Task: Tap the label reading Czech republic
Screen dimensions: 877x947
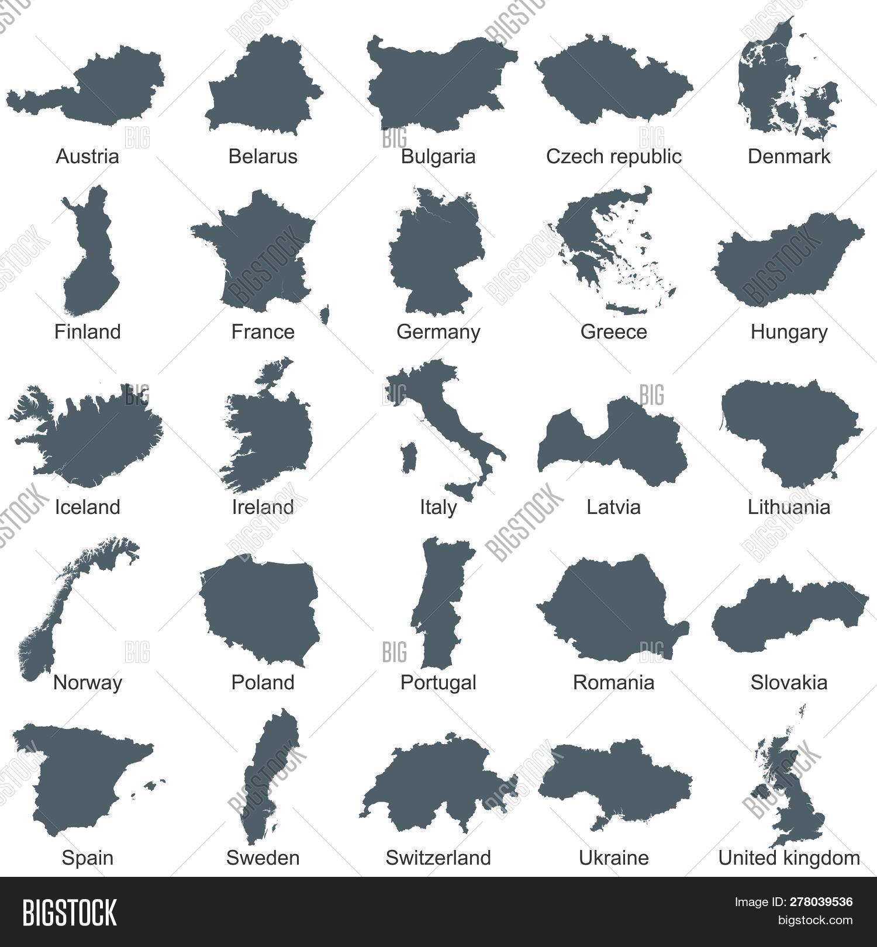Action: point(613,157)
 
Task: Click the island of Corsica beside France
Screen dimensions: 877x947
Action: point(324,314)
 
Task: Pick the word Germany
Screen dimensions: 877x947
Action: point(438,332)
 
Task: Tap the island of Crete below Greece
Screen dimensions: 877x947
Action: point(631,308)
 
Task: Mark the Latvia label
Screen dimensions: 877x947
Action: point(613,507)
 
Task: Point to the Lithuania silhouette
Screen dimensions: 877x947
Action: point(789,433)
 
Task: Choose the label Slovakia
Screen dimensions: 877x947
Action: point(789,683)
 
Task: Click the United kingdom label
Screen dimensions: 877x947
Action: point(789,858)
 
